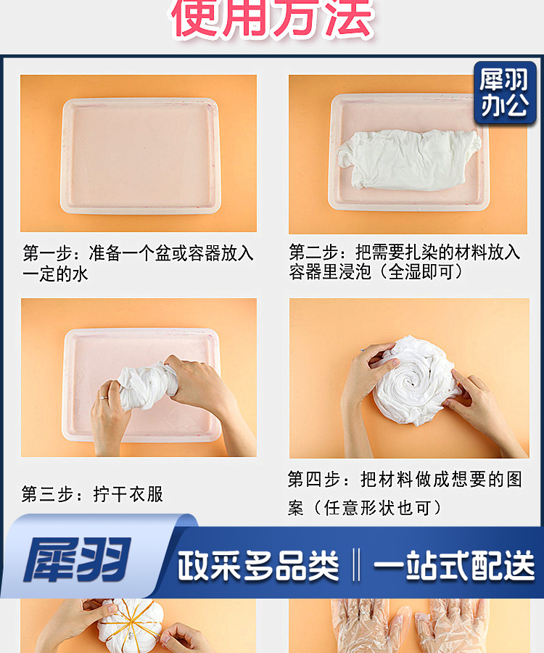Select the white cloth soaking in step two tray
410,160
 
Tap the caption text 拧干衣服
128,495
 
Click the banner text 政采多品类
258,565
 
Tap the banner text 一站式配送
454,565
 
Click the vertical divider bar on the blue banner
356,565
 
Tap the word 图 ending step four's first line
514,480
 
